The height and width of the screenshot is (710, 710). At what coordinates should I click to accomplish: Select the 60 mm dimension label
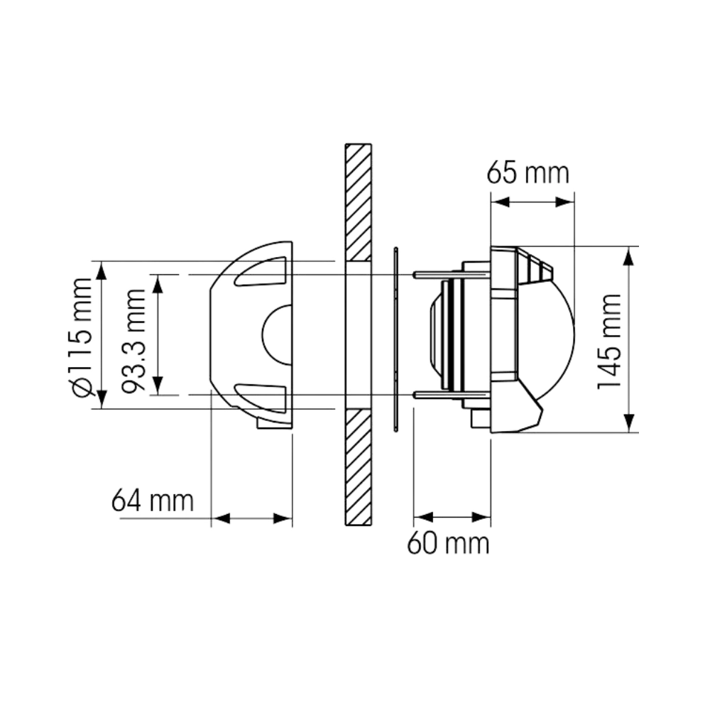tap(448, 545)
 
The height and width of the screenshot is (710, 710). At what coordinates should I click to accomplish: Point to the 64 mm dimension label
tap(151, 501)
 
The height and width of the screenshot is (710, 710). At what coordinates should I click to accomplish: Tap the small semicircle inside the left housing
tap(275, 334)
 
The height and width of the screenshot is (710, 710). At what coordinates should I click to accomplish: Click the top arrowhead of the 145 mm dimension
tap(628, 256)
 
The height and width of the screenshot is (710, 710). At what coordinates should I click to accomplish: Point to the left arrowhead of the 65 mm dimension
tap(501, 202)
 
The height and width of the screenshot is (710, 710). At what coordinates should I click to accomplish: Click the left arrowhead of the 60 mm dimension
tap(423, 516)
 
